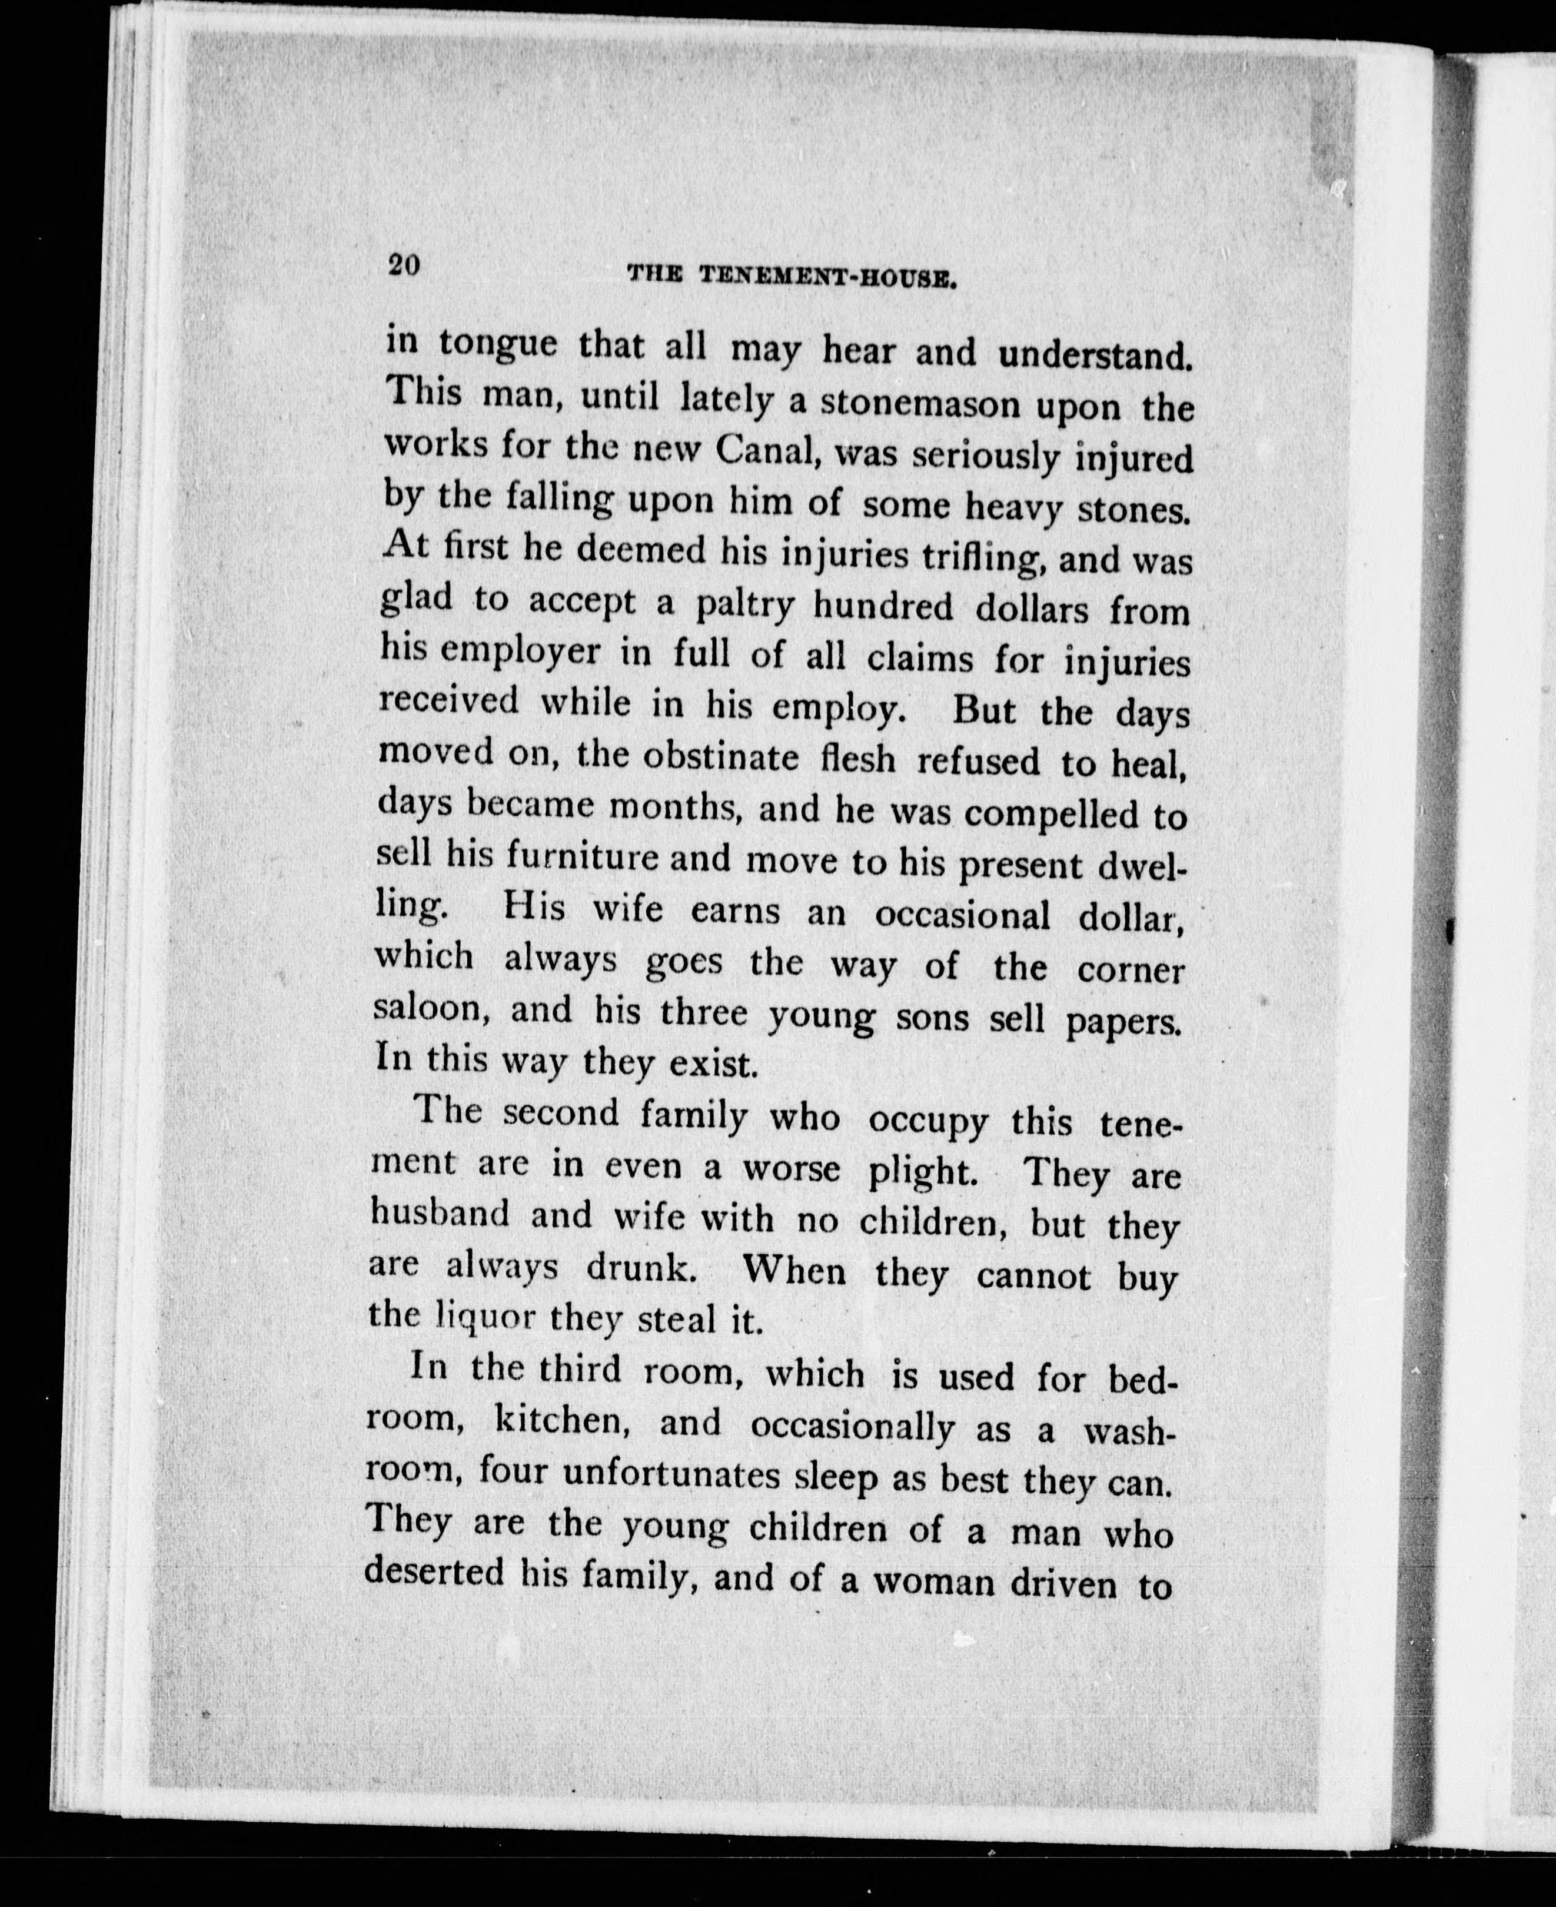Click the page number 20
(404, 266)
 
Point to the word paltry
(745, 607)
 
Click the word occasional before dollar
(962, 915)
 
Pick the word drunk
(640, 1268)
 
